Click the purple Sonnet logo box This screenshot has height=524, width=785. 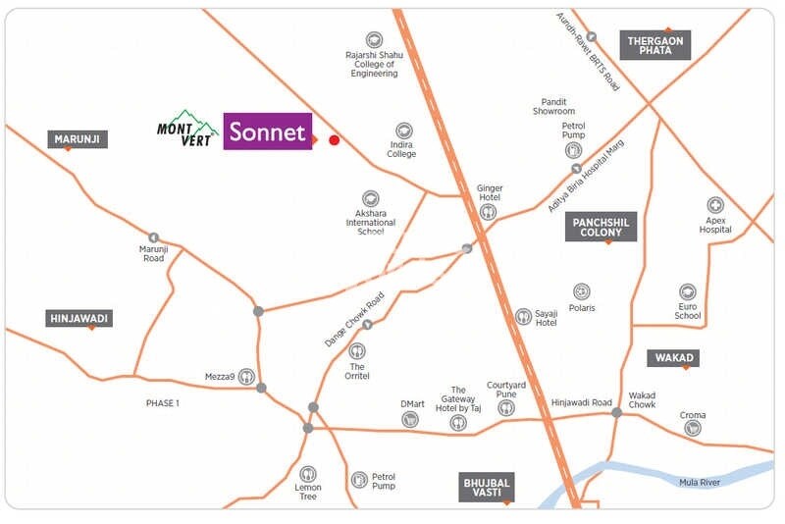click(268, 131)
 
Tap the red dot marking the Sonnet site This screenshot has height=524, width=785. click(334, 140)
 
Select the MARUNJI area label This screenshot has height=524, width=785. click(78, 139)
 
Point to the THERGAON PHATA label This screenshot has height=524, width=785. click(655, 44)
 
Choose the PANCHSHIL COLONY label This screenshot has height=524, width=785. click(602, 227)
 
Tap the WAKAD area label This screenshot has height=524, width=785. click(672, 358)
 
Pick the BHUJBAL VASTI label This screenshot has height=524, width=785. click(487, 487)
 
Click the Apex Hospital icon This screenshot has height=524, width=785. click(715, 206)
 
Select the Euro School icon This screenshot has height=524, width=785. click(688, 292)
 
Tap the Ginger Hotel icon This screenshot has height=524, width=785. click(489, 212)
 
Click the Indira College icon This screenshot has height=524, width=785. click(403, 131)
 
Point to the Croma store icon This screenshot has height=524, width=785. click(693, 428)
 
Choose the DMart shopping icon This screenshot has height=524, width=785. click(410, 419)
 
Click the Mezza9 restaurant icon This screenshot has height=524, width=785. click(246, 376)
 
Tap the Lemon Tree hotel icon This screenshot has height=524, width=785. click(308, 474)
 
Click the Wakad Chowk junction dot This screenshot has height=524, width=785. click(616, 413)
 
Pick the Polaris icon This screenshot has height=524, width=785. click(582, 292)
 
